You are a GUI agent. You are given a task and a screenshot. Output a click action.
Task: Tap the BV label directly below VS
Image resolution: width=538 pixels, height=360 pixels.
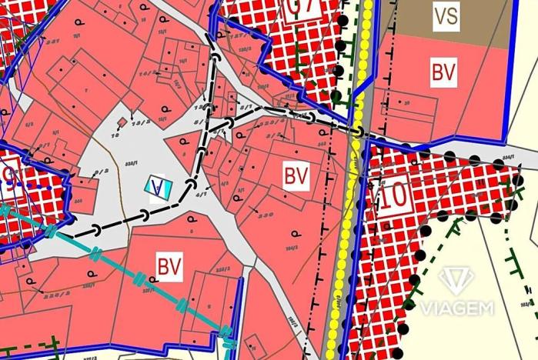pos(443,73)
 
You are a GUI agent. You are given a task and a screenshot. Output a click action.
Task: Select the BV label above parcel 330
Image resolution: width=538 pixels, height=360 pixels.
pos(296,176)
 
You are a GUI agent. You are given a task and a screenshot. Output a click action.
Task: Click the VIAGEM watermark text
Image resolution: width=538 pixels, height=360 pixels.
pos(456,308)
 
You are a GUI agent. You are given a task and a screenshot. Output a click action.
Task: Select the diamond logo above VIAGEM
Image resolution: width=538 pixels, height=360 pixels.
pos(456,281)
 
